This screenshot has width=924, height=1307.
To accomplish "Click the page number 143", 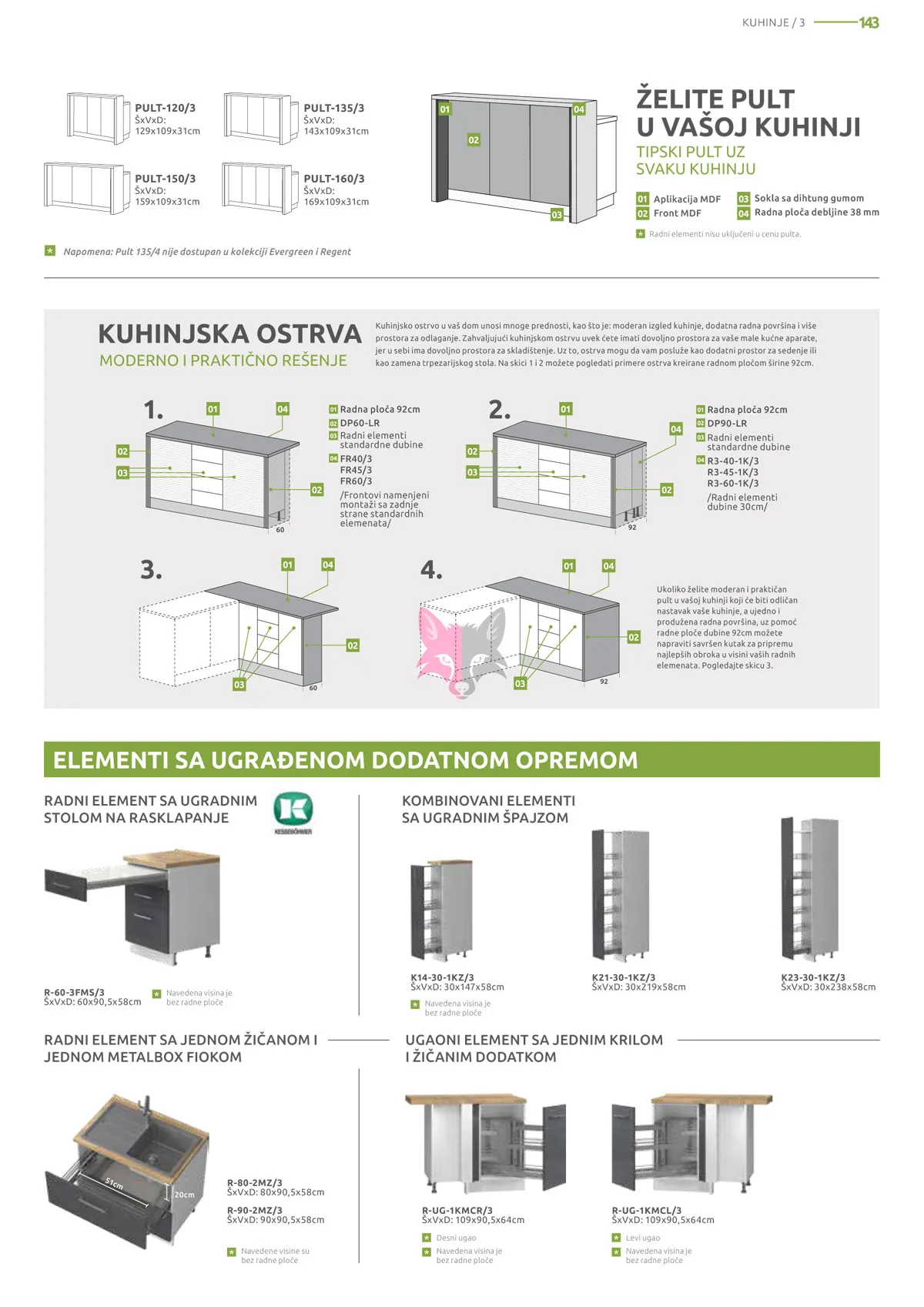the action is click(869, 23).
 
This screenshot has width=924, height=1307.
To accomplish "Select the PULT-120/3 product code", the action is click(165, 108).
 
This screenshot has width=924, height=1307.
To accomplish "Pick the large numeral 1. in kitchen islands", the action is click(153, 410).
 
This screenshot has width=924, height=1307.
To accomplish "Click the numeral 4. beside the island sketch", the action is click(432, 569).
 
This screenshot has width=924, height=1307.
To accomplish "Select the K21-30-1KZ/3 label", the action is click(624, 977).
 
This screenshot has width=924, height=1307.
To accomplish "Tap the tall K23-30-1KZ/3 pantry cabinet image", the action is click(810, 889).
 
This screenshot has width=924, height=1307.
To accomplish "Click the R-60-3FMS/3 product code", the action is click(74, 992).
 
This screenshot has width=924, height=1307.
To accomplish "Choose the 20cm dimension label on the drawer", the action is click(184, 1195).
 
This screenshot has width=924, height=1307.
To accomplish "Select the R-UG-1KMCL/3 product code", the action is click(646, 1210).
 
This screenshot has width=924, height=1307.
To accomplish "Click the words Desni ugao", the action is click(456, 1238).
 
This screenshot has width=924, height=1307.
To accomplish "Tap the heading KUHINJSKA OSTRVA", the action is click(229, 333).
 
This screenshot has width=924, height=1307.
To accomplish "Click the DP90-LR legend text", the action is click(727, 423).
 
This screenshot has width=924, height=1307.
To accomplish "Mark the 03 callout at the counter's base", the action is click(557, 215).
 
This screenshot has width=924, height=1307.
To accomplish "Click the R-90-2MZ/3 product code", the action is click(254, 1210).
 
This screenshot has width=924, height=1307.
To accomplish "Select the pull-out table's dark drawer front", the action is click(66, 885).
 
